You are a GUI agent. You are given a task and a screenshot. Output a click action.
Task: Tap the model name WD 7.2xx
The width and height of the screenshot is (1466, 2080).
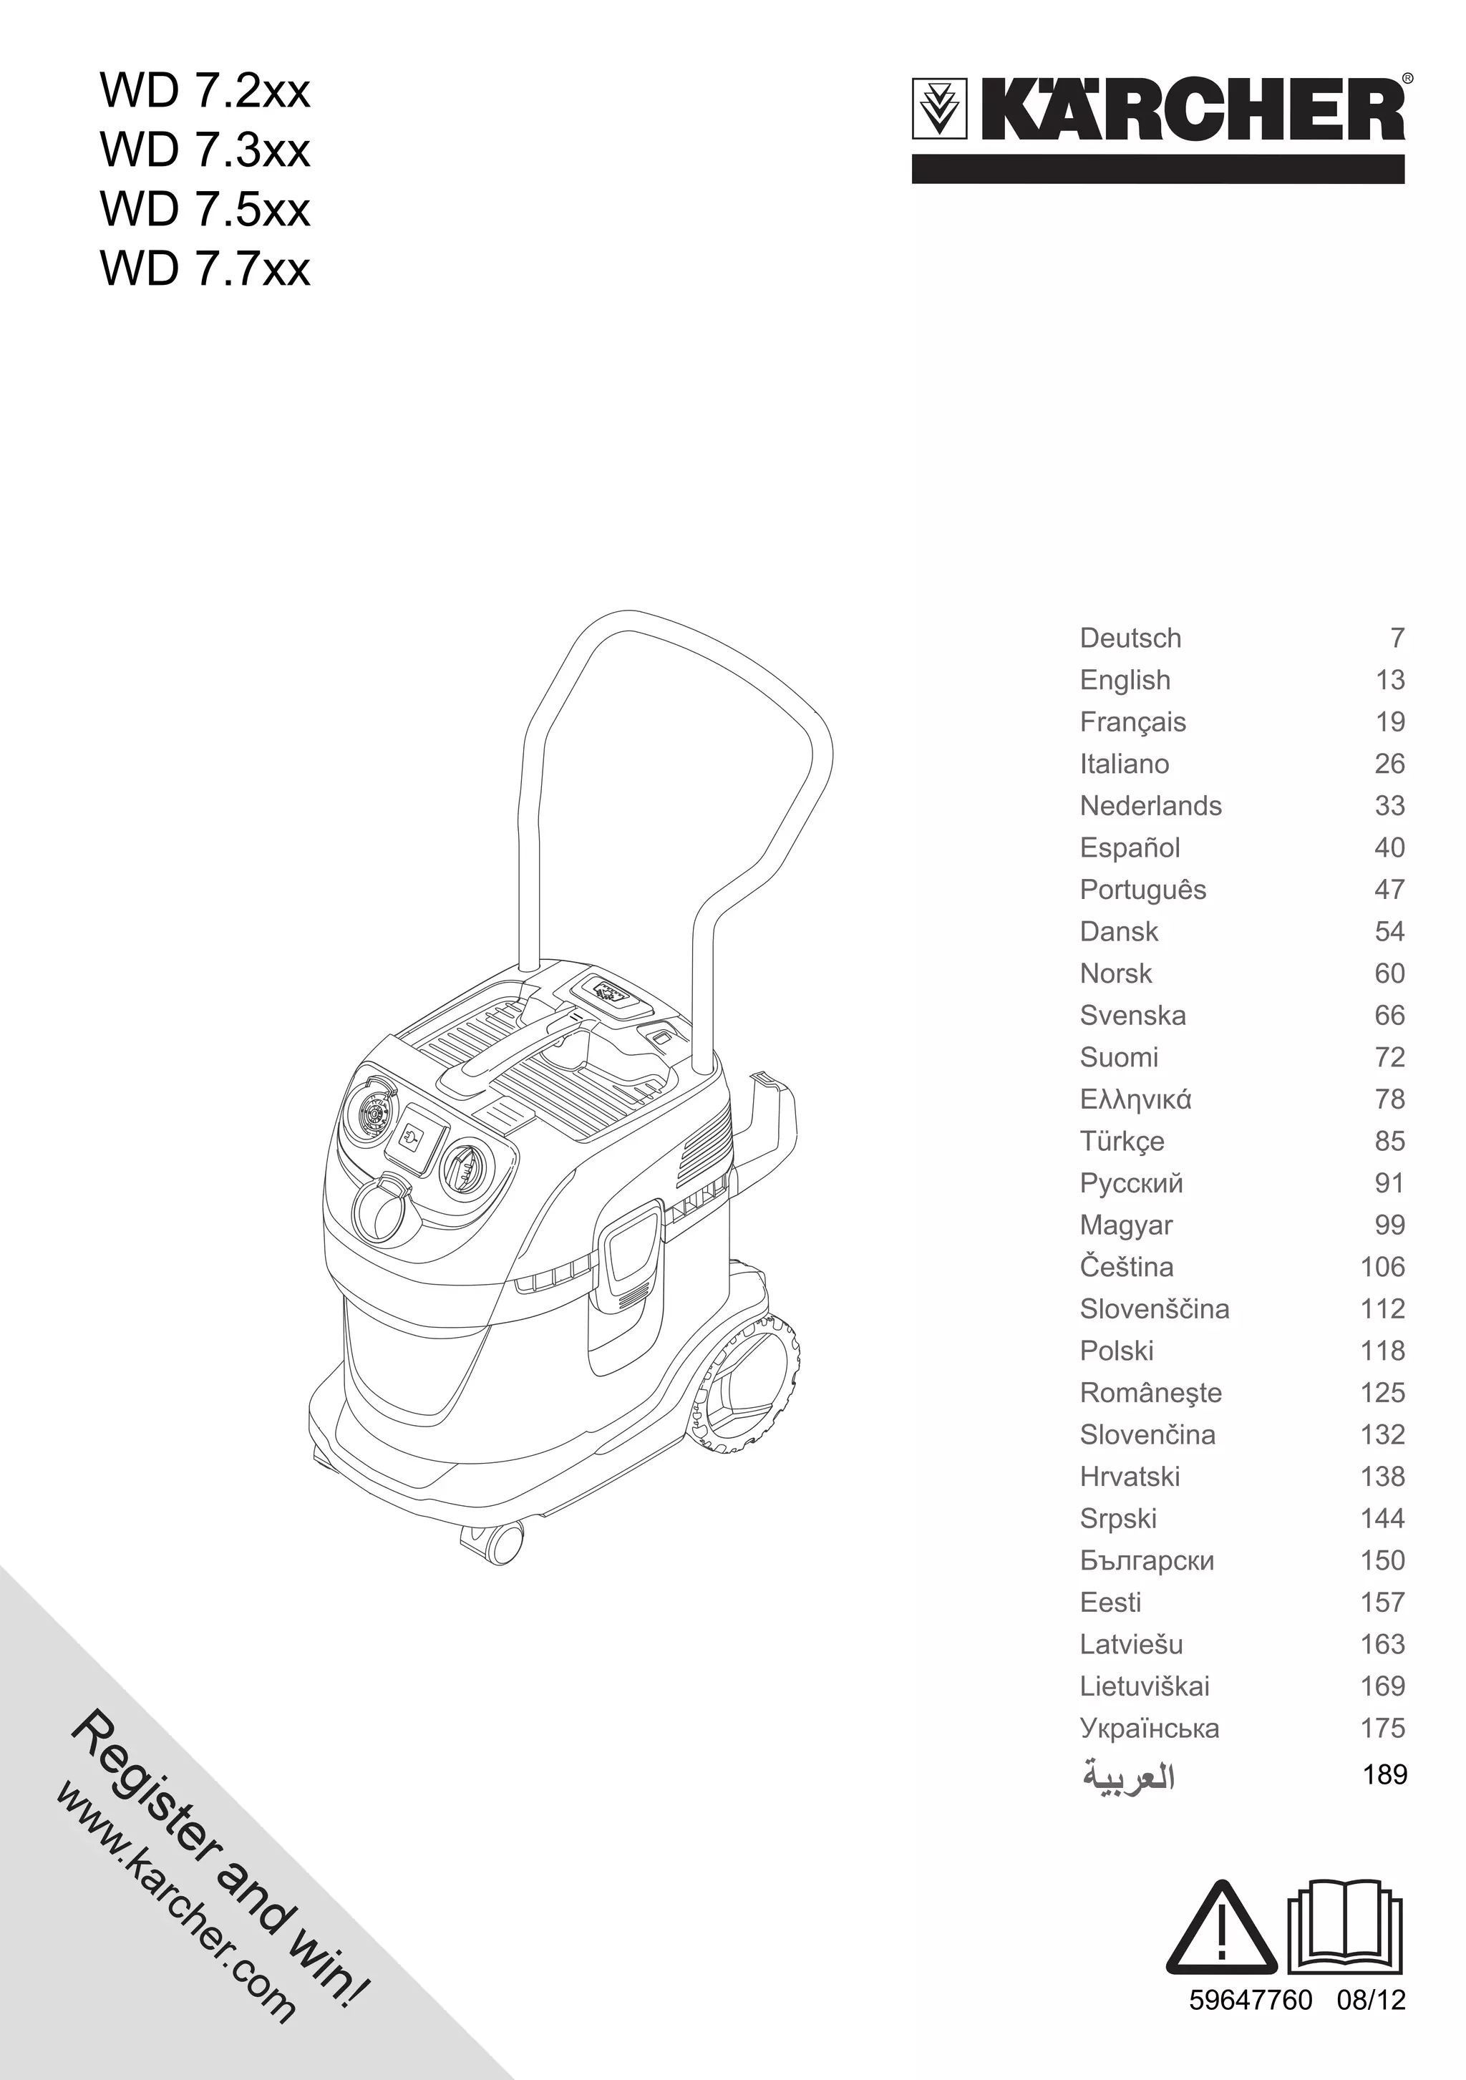(205, 92)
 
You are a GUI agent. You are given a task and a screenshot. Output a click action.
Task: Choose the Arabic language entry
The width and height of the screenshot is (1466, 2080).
(1128, 1777)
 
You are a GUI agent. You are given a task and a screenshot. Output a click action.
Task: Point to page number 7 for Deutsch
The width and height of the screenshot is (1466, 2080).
(1397, 638)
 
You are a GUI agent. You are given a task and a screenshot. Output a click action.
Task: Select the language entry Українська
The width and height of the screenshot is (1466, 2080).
(1149, 1728)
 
